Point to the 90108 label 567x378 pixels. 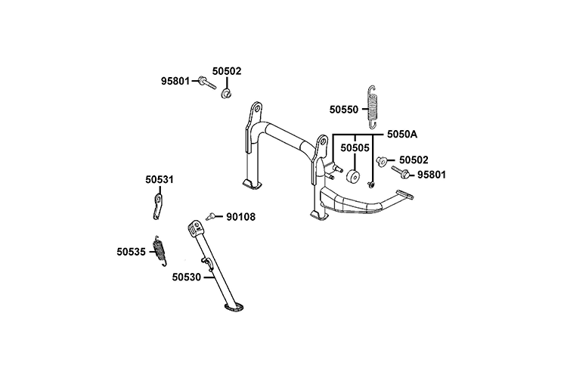(x=240, y=217)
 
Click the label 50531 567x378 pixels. (x=160, y=180)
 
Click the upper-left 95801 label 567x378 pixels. (x=175, y=81)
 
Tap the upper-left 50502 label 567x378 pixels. (x=226, y=71)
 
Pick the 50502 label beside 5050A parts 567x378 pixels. (x=414, y=160)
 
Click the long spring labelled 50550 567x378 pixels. (x=372, y=105)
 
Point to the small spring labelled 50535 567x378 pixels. (x=160, y=249)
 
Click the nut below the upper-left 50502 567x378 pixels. (x=225, y=94)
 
